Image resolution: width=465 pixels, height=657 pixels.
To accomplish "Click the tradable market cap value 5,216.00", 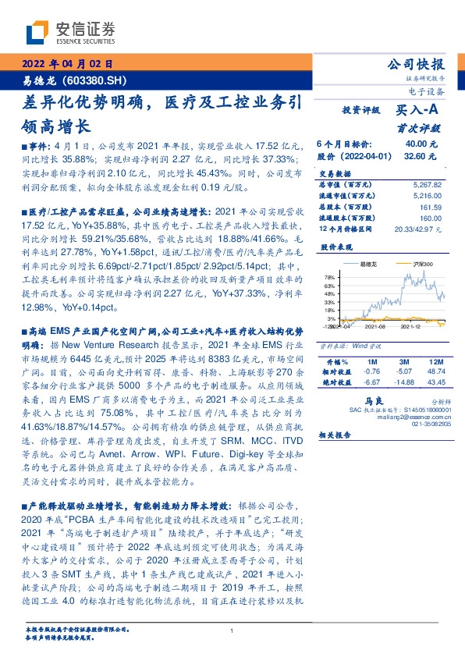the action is (427, 196).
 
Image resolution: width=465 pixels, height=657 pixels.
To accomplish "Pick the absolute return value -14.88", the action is (403, 383).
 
